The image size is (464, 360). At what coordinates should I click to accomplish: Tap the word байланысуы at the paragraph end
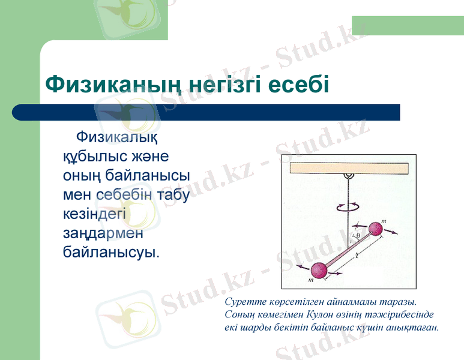[111, 251]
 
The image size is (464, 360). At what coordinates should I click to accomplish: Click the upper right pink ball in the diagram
[376, 229]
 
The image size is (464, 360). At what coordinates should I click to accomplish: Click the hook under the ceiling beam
[347, 176]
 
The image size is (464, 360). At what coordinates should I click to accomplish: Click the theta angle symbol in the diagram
[358, 236]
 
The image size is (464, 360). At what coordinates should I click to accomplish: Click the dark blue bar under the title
[206, 112]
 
